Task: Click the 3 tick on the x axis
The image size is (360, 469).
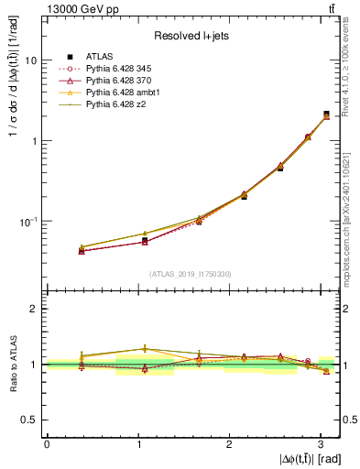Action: click(321, 443)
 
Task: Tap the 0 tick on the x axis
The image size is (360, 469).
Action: click(47, 443)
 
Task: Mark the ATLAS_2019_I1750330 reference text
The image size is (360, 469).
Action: click(191, 274)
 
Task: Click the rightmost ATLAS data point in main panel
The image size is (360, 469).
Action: click(327, 115)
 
